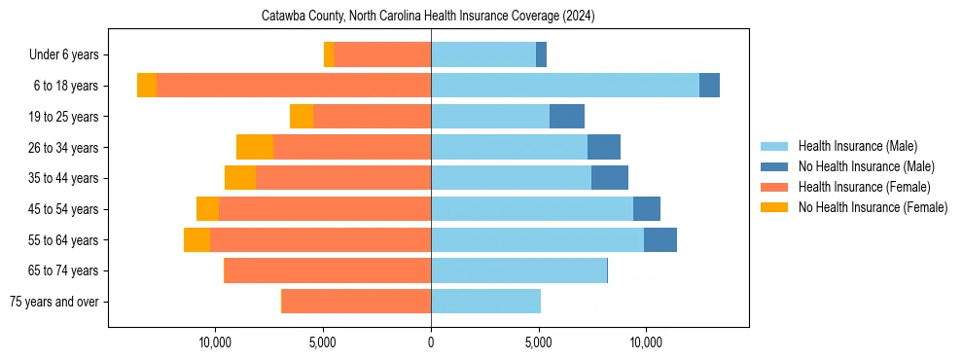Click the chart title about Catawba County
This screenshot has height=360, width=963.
[x=428, y=17]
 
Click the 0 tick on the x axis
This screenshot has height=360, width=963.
[x=431, y=342]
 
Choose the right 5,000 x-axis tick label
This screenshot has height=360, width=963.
[x=538, y=342]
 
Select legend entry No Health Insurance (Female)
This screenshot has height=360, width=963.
[x=873, y=207]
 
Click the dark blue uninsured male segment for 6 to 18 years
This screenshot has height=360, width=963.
[x=709, y=86]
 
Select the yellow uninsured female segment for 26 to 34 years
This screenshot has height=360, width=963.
[x=255, y=147]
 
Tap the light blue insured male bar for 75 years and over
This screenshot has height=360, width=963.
[x=485, y=302]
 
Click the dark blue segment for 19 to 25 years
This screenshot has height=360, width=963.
[x=567, y=117]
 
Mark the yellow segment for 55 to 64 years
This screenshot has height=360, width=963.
[x=196, y=239]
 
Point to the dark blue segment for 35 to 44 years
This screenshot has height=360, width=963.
[x=610, y=178]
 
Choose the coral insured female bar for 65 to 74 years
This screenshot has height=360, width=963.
[x=328, y=270]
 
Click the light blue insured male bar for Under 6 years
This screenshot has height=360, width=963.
[x=483, y=55]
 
